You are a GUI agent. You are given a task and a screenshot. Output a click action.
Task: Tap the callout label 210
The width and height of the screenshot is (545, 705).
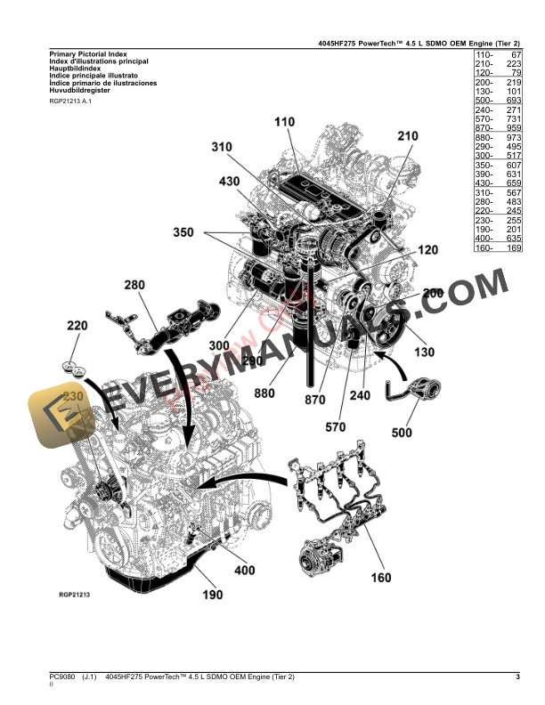(x=407, y=136)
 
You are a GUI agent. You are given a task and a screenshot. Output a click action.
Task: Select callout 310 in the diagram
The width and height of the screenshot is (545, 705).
(x=222, y=148)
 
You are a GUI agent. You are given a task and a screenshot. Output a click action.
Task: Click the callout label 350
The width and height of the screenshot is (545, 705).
(x=183, y=233)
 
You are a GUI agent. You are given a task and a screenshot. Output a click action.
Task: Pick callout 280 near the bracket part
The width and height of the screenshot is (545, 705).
(x=134, y=285)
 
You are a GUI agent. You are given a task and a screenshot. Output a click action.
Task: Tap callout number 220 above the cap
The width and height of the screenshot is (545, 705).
(x=77, y=326)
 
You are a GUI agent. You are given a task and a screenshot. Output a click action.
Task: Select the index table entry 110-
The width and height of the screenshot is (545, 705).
(x=486, y=55)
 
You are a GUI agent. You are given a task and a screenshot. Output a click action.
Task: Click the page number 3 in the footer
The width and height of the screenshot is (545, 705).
(x=517, y=678)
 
